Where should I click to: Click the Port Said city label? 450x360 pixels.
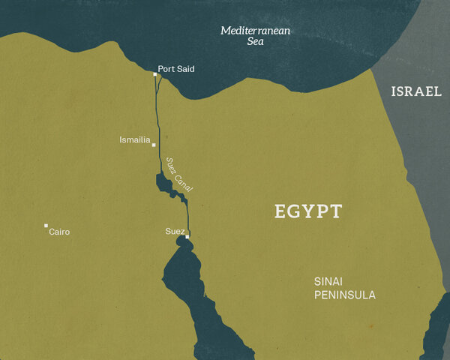(x=176, y=69)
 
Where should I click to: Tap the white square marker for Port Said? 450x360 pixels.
(x=155, y=74)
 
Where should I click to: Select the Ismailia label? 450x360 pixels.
(x=135, y=139)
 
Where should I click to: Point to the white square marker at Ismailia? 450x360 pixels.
(x=154, y=145)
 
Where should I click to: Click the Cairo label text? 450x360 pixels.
(x=59, y=232)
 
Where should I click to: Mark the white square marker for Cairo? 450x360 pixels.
(x=46, y=225)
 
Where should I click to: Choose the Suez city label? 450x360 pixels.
(x=174, y=230)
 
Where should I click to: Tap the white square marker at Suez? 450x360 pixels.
(x=187, y=236)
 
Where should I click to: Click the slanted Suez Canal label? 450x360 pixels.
(x=179, y=175)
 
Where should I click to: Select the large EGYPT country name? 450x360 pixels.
(x=308, y=211)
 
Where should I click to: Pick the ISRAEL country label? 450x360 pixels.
(x=415, y=91)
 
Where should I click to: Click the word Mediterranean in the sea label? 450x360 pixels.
(x=254, y=31)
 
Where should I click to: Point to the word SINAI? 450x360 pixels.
(x=328, y=282)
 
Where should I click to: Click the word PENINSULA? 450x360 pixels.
(x=345, y=295)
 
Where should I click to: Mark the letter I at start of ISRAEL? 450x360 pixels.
(x=393, y=91)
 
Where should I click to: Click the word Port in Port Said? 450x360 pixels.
(x=166, y=69)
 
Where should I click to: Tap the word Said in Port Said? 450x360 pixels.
(x=186, y=69)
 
